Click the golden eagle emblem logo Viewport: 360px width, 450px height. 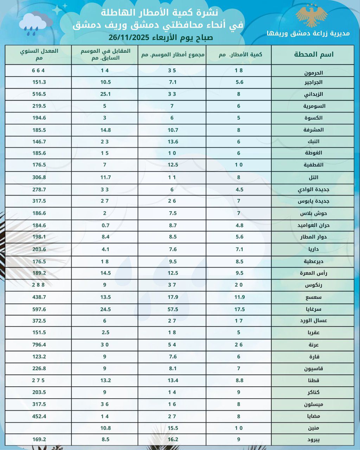[x=311, y=16]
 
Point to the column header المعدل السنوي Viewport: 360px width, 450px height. [x=39, y=54]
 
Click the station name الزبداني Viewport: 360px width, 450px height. [x=313, y=94]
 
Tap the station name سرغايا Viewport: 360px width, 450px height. [x=313, y=309]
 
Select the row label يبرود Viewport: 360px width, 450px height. [x=313, y=440]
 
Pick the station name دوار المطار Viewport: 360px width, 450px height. [x=313, y=237]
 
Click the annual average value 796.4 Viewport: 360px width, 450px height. [x=39, y=345]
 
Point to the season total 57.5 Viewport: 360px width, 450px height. [x=173, y=309]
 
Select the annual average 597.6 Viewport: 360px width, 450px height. [x=39, y=309]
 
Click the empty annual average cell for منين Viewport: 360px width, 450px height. [x=38, y=428]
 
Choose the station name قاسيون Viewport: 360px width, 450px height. [x=313, y=368]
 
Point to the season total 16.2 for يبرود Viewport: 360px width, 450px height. [x=173, y=440]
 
